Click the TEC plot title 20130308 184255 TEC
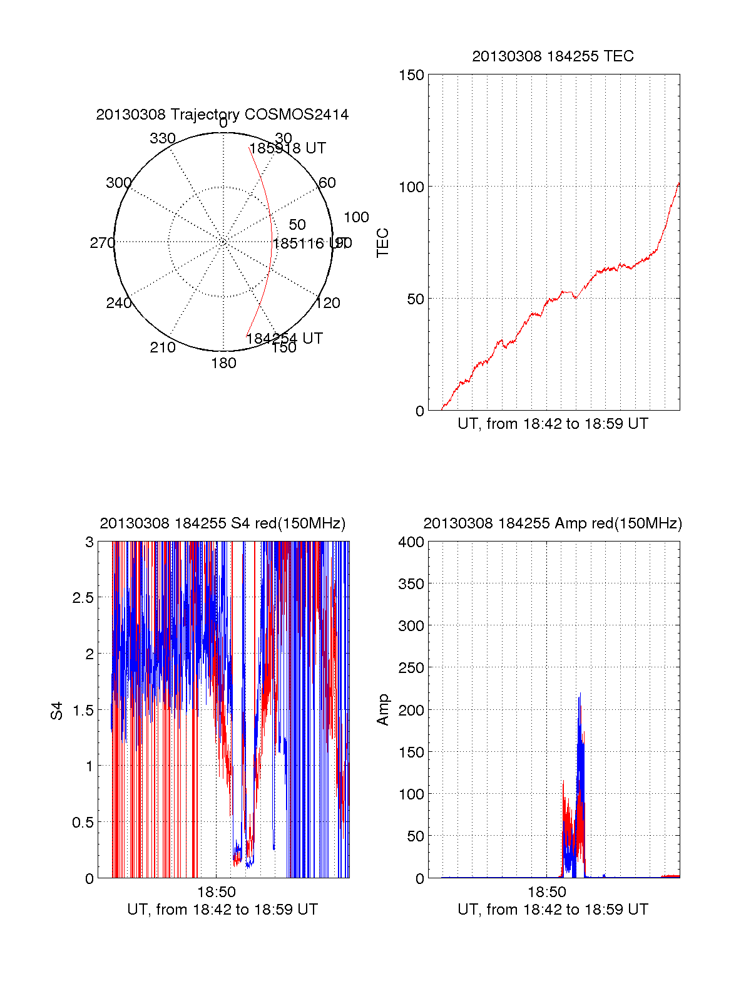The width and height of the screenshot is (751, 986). coord(553,56)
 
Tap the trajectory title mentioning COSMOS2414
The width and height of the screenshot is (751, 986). coord(222,115)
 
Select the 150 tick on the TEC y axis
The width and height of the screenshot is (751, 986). coord(411,75)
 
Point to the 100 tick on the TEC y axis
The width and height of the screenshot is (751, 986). coord(411,187)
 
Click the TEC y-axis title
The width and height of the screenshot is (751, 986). coord(382,243)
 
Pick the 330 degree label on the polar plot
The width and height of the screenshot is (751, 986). coord(163,138)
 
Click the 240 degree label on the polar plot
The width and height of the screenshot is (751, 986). coord(118,303)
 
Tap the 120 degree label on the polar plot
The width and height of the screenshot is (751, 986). coord(328,303)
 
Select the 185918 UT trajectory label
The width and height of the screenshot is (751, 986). coord(288,148)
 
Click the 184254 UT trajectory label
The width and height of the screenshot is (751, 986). coord(284,339)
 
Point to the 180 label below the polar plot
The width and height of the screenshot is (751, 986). coord(223,363)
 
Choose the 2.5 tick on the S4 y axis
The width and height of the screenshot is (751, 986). coord(83,598)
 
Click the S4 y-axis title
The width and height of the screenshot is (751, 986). coord(57,711)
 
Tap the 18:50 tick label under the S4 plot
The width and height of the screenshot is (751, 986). coord(217,892)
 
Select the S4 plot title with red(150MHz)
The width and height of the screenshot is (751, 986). coord(222,523)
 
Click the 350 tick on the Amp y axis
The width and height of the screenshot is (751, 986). coord(411,584)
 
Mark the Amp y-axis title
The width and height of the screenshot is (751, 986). coord(382,710)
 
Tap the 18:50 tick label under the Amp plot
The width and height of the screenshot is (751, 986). coord(547,892)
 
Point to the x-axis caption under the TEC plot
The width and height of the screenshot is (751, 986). coord(553,424)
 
